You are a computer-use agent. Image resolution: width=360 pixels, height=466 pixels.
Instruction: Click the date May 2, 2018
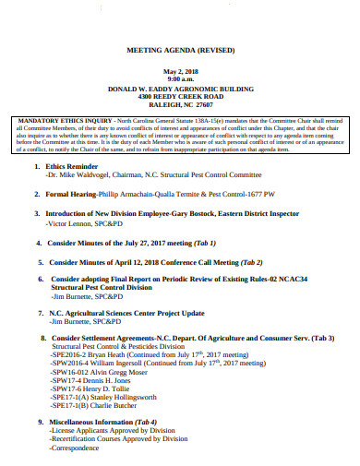pos(180,72)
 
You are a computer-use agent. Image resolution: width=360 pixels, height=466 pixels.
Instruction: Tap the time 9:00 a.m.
pos(180,80)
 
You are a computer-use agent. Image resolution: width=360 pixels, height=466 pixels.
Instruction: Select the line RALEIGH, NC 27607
pos(180,105)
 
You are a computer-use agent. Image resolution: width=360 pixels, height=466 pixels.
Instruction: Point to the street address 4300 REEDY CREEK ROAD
pos(180,97)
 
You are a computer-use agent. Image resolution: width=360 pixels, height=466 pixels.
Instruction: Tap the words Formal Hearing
pos(73,196)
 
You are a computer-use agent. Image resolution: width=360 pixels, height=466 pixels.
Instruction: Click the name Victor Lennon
pos(73,224)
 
